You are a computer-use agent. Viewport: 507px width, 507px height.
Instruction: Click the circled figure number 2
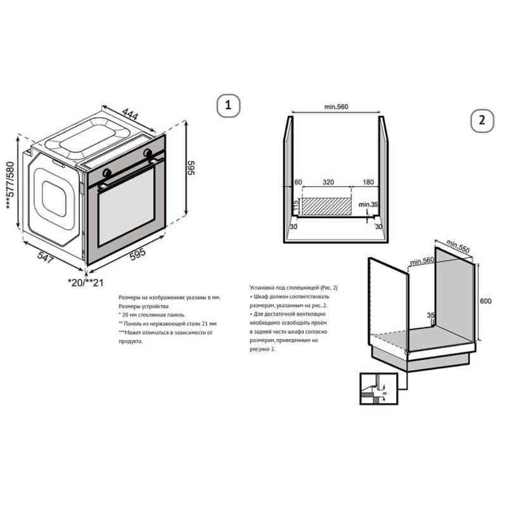coord(482,120)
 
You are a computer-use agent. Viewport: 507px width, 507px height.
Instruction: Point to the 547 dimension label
coord(45,257)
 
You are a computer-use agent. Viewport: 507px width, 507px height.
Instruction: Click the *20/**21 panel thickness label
coord(84,281)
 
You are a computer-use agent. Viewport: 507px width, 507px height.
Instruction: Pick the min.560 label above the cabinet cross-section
coord(337,106)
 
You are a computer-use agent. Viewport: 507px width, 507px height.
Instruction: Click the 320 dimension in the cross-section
coord(328,182)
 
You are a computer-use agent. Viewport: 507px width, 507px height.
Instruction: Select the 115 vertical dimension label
coord(295,205)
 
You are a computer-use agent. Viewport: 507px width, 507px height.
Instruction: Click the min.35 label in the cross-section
coord(368,204)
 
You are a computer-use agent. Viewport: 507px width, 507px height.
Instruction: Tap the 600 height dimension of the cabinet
coord(486,301)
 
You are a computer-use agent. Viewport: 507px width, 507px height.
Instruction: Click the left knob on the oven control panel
coord(106,172)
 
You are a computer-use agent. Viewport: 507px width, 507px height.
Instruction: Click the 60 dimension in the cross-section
coord(297,182)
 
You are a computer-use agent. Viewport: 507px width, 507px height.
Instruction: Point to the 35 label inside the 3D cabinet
coord(431,314)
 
